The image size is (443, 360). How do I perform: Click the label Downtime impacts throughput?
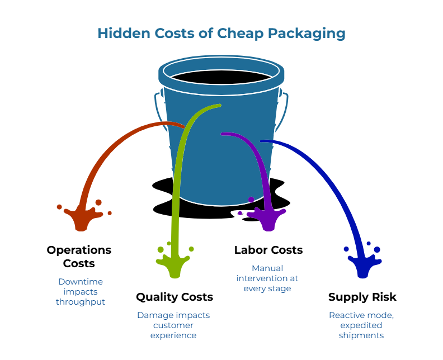[81, 291]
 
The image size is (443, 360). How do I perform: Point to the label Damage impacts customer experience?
[173, 325]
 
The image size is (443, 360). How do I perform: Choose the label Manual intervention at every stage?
[267, 278]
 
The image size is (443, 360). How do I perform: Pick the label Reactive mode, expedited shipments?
[361, 325]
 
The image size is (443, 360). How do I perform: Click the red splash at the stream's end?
[82, 218]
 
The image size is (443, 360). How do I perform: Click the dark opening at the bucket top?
[221, 77]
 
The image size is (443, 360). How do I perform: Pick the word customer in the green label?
[173, 325]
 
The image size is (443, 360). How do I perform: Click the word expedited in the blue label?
[361, 325]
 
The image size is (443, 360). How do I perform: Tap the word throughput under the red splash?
[81, 301]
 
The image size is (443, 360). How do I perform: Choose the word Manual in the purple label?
[267, 268]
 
